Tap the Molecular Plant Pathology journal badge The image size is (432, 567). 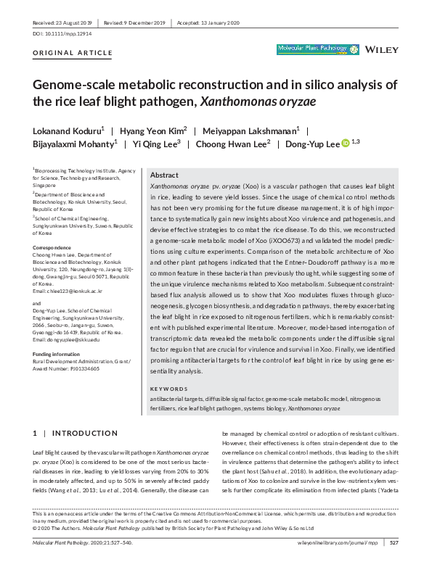[317, 50]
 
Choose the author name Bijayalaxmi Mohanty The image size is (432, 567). [73, 144]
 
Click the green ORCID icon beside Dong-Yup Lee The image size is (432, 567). [346, 144]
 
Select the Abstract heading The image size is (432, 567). [164, 175]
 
